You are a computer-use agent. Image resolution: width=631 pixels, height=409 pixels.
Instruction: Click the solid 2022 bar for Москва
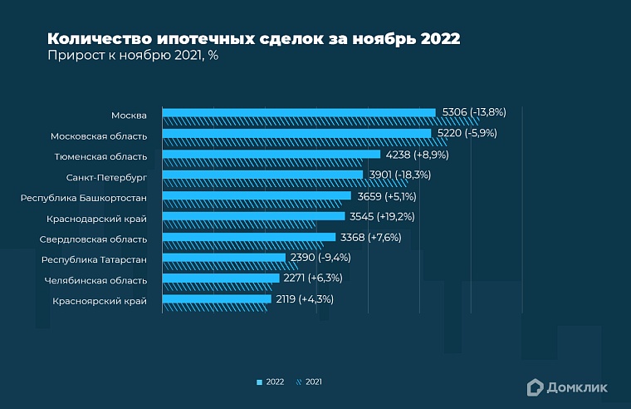click(299, 112)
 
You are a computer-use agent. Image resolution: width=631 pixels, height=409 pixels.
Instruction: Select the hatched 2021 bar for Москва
click(320, 121)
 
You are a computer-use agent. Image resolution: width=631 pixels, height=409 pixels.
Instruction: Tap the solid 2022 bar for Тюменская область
click(271, 154)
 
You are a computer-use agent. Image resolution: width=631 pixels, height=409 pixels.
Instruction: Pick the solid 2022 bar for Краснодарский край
click(253, 216)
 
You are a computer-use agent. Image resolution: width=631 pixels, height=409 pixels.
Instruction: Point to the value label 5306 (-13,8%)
click(474, 112)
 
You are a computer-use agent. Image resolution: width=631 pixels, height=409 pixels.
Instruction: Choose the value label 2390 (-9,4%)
click(320, 258)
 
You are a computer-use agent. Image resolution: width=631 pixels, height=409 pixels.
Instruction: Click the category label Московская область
click(99, 136)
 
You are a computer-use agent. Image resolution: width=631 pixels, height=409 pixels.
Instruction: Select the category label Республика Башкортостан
click(84, 198)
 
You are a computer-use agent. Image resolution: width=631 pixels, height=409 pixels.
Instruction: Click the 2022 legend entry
click(271, 382)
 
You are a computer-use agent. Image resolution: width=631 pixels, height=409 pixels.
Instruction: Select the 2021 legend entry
click(309, 382)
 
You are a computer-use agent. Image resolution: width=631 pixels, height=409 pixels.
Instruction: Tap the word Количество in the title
click(98, 39)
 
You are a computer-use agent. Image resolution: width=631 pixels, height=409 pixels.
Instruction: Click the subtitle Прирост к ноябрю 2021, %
click(132, 57)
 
